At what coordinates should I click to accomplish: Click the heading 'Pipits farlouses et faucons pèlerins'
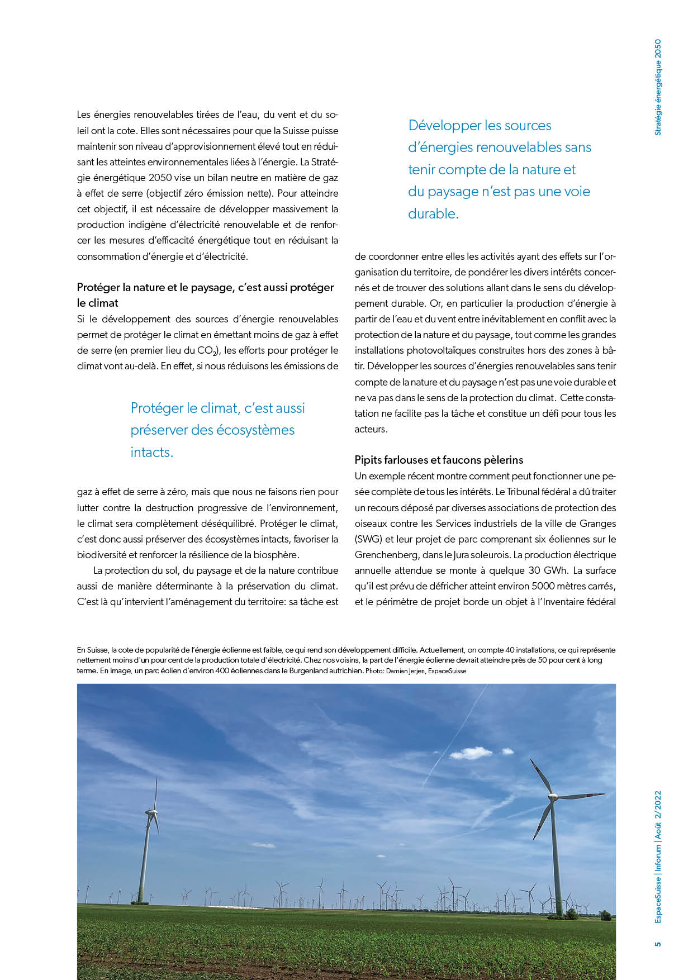point(439,460)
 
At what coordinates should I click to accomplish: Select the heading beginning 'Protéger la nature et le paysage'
point(205,287)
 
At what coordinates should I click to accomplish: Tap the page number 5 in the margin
point(658,944)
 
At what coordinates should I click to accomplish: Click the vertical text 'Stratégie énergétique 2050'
point(658,87)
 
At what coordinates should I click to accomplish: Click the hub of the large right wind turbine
point(553,796)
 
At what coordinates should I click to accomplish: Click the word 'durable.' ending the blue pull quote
point(433,213)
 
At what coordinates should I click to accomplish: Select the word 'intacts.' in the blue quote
point(152,452)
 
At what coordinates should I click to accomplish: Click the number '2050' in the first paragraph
point(161,178)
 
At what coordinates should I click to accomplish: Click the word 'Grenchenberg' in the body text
point(382,555)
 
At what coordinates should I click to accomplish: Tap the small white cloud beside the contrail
point(471,754)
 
